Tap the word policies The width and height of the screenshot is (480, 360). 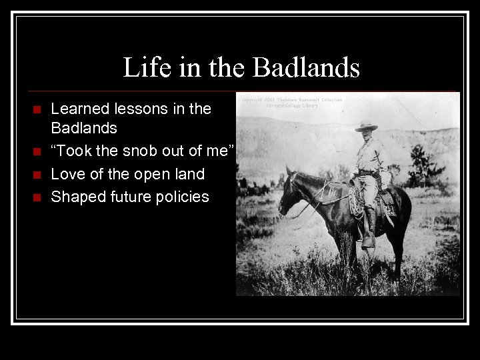click(x=183, y=196)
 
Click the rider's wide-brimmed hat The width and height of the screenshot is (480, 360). click(x=366, y=127)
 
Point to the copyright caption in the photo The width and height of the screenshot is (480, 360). click(x=292, y=102)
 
